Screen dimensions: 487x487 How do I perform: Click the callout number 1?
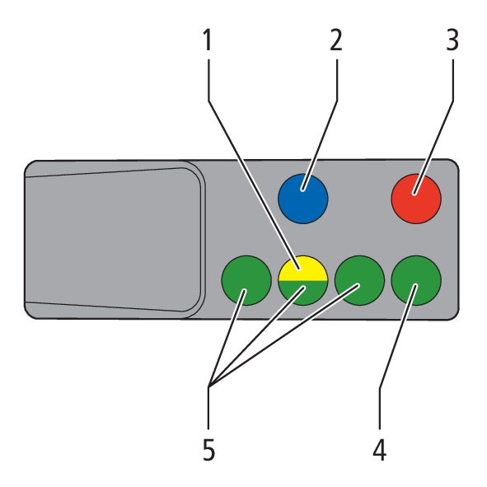pos(208,40)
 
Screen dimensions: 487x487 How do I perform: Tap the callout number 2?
pos(336,40)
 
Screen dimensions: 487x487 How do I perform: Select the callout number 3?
pos(452,40)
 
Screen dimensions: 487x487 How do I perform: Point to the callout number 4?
pos(380,450)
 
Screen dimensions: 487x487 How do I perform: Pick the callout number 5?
pos(208,450)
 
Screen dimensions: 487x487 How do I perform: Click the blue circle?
pos(302,199)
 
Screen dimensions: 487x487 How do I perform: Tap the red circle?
pos(416,199)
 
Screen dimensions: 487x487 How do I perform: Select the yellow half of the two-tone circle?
pos(302,269)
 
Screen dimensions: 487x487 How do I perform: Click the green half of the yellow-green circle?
pos(302,293)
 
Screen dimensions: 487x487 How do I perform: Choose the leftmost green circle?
pos(246,280)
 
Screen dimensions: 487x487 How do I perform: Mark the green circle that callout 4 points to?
pos(416,280)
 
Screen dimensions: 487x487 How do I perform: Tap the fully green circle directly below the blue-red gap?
pos(359,280)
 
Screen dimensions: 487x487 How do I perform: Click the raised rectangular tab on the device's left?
pos(114,240)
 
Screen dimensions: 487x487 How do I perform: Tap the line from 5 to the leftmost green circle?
pos(227,338)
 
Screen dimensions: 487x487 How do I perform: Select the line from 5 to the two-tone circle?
pos(256,337)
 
